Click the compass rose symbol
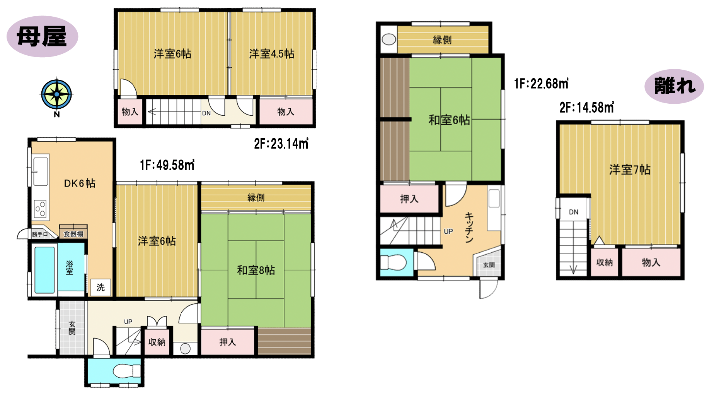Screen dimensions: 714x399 [x=56, y=94]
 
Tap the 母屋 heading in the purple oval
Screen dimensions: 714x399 [x=42, y=37]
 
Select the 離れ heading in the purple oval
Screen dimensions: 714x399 [x=675, y=86]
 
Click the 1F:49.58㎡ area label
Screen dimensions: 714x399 [x=167, y=165]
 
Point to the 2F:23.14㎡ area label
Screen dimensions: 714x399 [x=281, y=144]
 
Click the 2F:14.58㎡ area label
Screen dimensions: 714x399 [x=586, y=108]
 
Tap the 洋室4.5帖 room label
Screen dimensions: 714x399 [x=271, y=54]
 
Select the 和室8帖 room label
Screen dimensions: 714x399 [x=256, y=270]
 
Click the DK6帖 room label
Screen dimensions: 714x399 [x=80, y=183]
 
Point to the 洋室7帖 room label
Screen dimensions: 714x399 [x=630, y=170]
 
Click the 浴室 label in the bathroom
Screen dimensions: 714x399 [x=70, y=267]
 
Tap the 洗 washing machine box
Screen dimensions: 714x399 [x=101, y=287]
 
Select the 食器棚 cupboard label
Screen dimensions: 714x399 [x=73, y=234]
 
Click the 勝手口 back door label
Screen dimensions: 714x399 [x=40, y=234]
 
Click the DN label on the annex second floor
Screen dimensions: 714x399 [x=574, y=212]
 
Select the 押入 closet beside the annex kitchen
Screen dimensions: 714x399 [x=409, y=199]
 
